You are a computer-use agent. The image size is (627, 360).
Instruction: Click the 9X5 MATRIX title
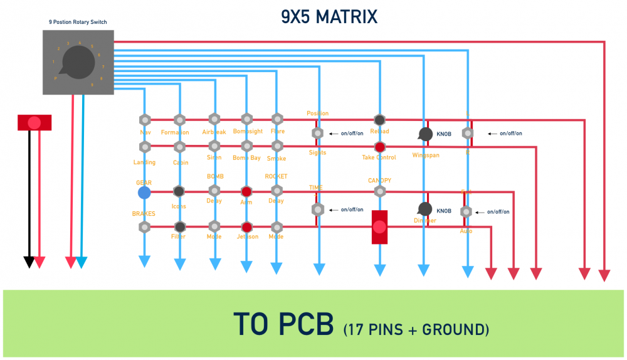(x=329, y=16)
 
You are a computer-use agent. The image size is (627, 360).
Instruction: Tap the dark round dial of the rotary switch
(x=79, y=62)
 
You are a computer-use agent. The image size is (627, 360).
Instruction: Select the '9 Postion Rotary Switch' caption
(x=78, y=22)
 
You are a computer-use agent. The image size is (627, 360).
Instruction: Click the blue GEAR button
(x=144, y=192)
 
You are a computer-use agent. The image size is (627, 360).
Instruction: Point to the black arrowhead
(x=29, y=262)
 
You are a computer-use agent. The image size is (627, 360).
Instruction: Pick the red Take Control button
(x=379, y=147)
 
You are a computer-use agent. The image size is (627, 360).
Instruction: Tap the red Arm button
(x=246, y=191)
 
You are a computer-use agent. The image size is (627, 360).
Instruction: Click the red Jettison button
(x=246, y=227)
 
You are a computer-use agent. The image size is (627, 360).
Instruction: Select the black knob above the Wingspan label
(x=425, y=134)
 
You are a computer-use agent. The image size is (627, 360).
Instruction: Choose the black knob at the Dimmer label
(x=425, y=209)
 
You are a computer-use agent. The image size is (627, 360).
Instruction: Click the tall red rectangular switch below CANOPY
(x=380, y=227)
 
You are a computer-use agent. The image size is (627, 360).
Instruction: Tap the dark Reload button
(x=379, y=120)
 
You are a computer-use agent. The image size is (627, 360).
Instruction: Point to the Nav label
(x=145, y=132)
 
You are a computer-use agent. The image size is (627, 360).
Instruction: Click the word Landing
(x=145, y=162)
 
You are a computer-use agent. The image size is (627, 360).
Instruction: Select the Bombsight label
(x=248, y=132)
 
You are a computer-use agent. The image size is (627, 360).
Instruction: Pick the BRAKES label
(x=144, y=214)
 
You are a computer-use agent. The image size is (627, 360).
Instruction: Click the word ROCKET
(x=276, y=176)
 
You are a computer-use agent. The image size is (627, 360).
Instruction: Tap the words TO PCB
(x=284, y=324)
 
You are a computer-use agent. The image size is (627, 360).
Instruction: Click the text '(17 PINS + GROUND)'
(x=416, y=328)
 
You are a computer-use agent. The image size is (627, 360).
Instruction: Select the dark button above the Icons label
(x=179, y=191)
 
